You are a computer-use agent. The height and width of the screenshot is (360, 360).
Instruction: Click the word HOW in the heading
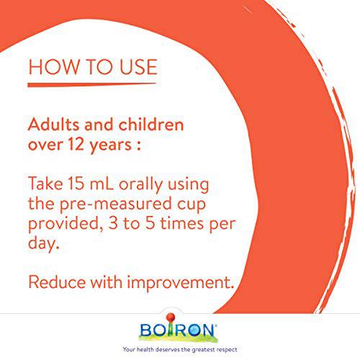pyautogui.click(x=53, y=67)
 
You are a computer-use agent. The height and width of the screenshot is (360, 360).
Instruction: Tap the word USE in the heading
pyautogui.click(x=138, y=67)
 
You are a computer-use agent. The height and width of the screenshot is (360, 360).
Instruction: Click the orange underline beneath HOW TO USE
pyautogui.click(x=92, y=85)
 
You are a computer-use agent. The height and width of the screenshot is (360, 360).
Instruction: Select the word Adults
pyautogui.click(x=54, y=125)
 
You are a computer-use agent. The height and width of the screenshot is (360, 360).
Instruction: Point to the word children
pyautogui.click(x=151, y=125)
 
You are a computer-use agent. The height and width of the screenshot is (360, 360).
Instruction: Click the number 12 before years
pyautogui.click(x=76, y=144)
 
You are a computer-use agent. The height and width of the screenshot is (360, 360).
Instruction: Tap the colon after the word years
pyautogui.click(x=138, y=145)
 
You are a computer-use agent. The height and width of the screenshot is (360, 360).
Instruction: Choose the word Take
pyautogui.click(x=45, y=184)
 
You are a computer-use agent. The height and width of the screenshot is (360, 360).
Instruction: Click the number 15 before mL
pyautogui.click(x=76, y=184)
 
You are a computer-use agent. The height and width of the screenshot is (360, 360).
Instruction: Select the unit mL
pyautogui.click(x=102, y=184)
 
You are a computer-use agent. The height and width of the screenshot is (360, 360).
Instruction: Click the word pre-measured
pyautogui.click(x=116, y=204)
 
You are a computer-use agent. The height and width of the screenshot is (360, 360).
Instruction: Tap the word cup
pyautogui.click(x=192, y=205)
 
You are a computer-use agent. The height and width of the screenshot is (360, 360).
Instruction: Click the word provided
pyautogui.click(x=66, y=224)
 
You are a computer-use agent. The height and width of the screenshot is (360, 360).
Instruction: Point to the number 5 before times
pyautogui.click(x=150, y=223)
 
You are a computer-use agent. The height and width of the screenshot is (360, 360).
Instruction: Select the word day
pyautogui.click(x=43, y=244)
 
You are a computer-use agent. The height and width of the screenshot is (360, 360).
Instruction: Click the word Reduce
pyautogui.click(x=57, y=282)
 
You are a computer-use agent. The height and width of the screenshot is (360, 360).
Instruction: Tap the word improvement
pyautogui.click(x=180, y=283)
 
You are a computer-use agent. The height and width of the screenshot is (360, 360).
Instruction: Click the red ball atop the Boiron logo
pyautogui.click(x=171, y=317)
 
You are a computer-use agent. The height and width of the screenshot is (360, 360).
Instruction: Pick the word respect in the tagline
pyautogui.click(x=227, y=349)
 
